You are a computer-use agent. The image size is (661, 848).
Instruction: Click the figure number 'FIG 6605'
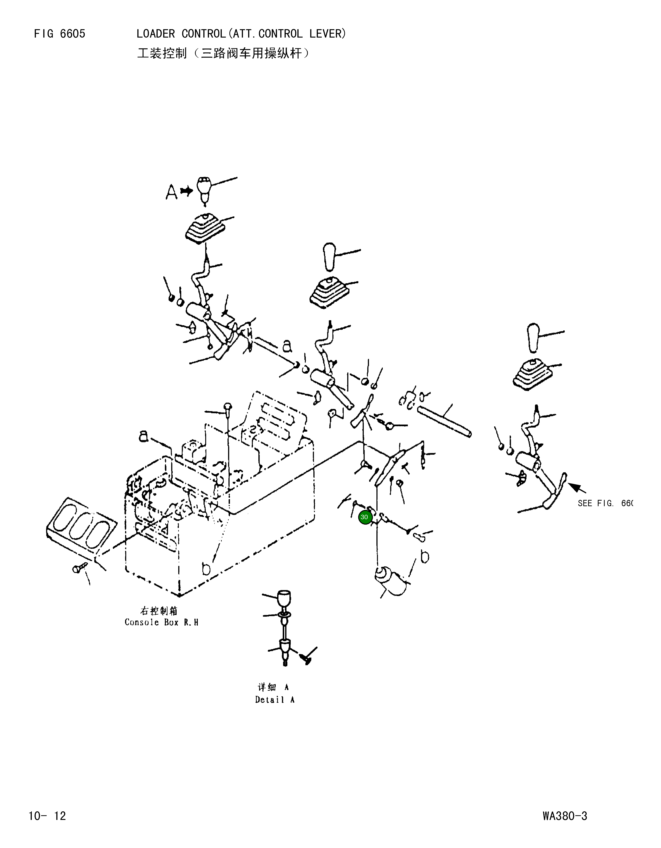(x=59, y=34)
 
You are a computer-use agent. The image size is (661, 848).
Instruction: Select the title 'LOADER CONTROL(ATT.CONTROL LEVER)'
(x=241, y=34)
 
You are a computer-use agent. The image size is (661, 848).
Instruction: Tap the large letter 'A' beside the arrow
(x=171, y=192)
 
